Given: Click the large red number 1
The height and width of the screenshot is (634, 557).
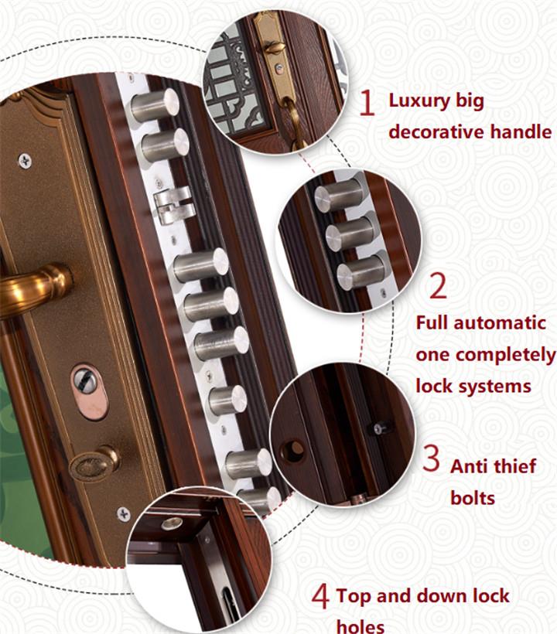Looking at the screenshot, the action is [367, 103].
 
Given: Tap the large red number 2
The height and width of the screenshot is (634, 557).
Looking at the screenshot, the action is [438, 286].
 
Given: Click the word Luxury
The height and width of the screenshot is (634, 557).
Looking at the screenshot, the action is [419, 101].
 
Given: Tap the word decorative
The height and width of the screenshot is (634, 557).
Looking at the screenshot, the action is [436, 131].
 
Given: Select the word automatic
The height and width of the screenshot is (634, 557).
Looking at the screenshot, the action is [500, 323].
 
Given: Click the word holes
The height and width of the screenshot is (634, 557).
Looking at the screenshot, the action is [361, 626].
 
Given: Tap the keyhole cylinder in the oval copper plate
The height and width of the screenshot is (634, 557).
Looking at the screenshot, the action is [85, 381].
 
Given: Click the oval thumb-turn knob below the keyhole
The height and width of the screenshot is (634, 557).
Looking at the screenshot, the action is [94, 464].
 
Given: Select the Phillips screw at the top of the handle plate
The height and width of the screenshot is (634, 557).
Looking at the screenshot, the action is [25, 161].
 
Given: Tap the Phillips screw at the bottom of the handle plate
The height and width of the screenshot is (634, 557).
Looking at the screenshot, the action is [123, 514].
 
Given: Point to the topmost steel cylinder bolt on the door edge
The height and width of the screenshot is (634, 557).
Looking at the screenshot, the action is [155, 105].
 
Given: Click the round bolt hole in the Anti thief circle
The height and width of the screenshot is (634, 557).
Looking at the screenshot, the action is [292, 451].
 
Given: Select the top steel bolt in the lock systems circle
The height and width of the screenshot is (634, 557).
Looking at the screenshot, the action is [339, 196].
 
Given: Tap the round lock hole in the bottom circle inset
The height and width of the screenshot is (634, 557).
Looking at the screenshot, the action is [172, 524].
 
